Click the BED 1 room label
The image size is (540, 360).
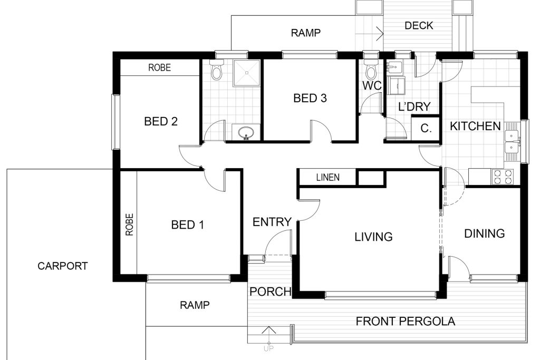point(188,225)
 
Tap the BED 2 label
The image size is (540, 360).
point(161,121)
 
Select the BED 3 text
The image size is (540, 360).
point(310,98)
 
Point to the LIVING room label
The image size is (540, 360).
point(374,237)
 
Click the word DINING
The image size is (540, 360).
point(485,233)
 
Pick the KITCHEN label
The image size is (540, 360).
point(475,126)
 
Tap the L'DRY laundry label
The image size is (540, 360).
point(414,106)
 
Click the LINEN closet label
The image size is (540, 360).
point(328,177)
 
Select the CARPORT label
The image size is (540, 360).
point(63,266)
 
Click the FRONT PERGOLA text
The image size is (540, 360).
point(406,321)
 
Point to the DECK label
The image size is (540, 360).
point(419,25)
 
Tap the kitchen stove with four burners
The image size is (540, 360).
point(503,177)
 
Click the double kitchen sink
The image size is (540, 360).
point(513,142)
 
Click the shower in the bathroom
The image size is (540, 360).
point(246,73)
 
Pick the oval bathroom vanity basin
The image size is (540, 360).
point(246,132)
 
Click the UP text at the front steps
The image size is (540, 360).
point(268,349)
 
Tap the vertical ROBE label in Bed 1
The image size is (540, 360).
point(129,225)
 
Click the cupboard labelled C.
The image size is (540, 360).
point(426,129)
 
